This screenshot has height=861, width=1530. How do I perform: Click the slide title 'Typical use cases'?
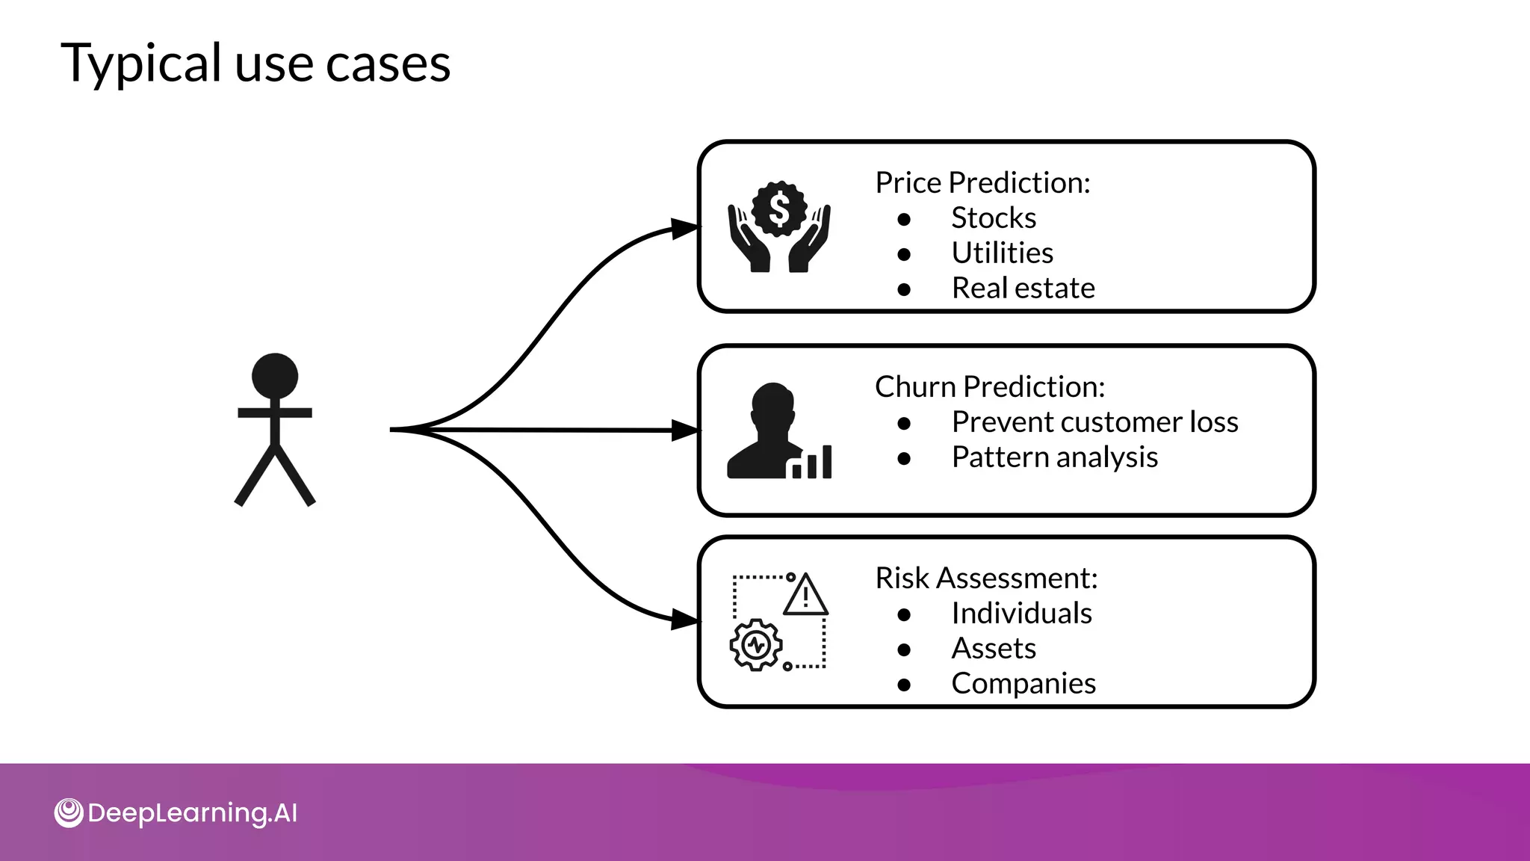pos(255,63)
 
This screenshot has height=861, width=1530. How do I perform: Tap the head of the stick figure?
pos(275,375)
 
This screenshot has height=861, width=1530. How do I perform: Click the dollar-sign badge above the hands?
pos(779,209)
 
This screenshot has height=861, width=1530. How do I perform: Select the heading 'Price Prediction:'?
pos(982,183)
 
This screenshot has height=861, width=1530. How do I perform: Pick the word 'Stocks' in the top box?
pos(994,218)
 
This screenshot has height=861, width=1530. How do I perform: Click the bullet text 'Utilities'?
pos(1002,253)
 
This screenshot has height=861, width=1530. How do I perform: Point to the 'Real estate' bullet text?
pos(1023,288)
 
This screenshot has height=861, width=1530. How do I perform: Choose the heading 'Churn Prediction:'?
pos(990,387)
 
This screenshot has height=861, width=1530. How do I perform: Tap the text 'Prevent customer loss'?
pos(1094,422)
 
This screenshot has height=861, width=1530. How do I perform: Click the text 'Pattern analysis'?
pos(1054,457)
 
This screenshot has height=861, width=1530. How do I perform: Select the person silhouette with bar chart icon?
pos(777,432)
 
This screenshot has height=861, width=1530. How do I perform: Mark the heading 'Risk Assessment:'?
pos(986,578)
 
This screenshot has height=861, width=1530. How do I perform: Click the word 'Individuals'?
pos(1021,614)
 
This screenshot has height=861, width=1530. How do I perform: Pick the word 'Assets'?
pos(994,649)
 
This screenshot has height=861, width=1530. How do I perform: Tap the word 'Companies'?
pos(1023,684)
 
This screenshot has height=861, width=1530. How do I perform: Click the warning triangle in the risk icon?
pos(805,596)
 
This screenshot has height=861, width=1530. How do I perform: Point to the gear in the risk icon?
pos(756,644)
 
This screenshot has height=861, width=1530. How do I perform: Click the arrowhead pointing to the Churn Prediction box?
pos(684,430)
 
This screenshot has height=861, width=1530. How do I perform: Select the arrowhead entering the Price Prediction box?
pos(684,228)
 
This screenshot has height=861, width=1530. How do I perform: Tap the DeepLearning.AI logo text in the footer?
pos(192,813)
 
